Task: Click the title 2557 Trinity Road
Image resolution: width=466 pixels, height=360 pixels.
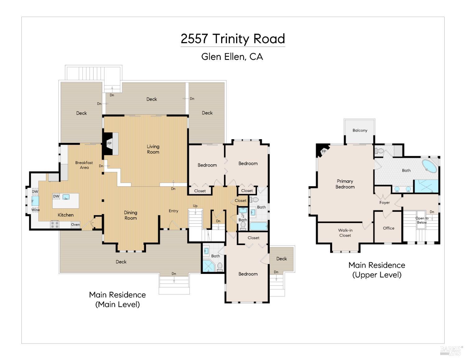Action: point(233,39)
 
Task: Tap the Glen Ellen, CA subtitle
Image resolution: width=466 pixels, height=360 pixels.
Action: point(232,57)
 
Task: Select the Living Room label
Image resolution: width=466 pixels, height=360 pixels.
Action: point(153,149)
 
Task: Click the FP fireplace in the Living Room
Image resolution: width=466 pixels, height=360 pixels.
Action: point(110,144)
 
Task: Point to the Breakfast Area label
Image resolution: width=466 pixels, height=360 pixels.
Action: point(84,165)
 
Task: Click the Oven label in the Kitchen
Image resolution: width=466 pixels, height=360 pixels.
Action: point(75,225)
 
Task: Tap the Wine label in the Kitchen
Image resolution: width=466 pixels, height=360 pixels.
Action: point(35,210)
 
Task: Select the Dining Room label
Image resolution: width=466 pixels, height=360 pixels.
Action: point(130,215)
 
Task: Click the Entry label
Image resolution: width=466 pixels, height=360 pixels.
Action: point(173,211)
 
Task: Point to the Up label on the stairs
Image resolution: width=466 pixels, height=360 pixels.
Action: point(195,206)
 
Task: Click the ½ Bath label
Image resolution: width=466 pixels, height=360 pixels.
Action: point(243,218)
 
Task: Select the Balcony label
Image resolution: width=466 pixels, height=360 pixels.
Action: point(360,130)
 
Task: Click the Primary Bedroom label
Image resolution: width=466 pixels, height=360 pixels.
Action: point(345,184)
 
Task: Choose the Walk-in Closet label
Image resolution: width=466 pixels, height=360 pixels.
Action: point(345,233)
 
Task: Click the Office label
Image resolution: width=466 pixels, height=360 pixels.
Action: point(388,228)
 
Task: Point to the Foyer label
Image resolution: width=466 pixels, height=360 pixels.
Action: point(384,203)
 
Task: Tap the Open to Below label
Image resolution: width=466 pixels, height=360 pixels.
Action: point(422,220)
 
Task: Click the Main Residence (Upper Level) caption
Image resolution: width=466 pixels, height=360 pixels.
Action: point(377,270)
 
